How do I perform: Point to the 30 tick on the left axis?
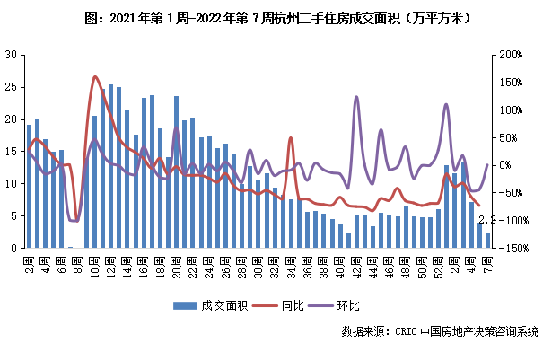tap(11, 55)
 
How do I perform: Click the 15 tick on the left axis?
tap(11, 151)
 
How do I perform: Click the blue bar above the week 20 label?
tap(176, 171)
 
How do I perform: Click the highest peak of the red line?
tap(95, 77)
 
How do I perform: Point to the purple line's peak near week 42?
tap(356, 96)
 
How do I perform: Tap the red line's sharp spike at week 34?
tap(291, 138)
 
